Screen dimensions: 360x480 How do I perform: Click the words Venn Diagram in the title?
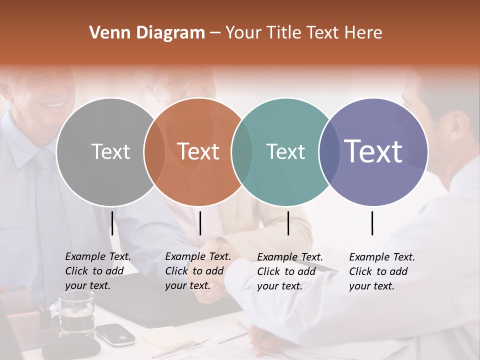coord(147,33)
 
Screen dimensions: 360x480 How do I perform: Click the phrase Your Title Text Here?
coord(304,33)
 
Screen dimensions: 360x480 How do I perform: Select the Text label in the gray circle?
coord(110,151)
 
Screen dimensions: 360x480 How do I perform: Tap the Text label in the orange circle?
coord(198,151)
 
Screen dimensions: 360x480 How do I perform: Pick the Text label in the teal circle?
coord(285,151)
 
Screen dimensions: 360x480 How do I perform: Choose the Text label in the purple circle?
coord(373,151)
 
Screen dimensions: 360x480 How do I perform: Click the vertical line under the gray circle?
coord(112,223)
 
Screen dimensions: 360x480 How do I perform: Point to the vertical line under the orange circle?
coord(200,223)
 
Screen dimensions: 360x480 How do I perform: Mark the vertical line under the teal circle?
coord(288,223)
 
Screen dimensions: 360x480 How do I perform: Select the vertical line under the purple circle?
coord(372,223)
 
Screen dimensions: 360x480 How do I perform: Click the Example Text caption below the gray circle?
coord(98,271)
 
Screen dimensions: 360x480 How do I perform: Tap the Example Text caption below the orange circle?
coord(198,271)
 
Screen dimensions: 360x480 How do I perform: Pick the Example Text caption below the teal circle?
coord(290,271)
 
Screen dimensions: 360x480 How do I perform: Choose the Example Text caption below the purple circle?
coord(382,271)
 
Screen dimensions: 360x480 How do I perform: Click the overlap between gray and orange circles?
coord(154,151)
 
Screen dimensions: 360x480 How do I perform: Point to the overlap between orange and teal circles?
coord(242,151)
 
